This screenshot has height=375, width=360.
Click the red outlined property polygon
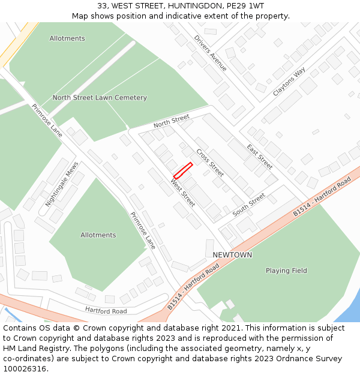[183, 170]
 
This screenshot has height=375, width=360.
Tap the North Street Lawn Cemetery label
[100, 98]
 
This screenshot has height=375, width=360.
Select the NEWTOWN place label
[232, 255]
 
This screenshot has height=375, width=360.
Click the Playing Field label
[286, 271]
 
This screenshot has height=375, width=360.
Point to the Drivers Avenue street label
[211, 53]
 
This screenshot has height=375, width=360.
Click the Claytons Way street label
[289, 82]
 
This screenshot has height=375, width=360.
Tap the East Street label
[260, 156]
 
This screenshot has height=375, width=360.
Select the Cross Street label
[210, 163]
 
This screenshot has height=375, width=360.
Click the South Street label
[249, 205]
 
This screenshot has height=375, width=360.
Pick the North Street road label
[171, 121]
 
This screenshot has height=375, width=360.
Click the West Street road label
[182, 193]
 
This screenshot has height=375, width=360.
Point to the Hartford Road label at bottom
[106, 311]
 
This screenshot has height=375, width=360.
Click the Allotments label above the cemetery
[67, 38]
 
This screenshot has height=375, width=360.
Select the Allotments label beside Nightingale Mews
[98, 235]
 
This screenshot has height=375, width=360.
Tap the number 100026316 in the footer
[23, 369]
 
